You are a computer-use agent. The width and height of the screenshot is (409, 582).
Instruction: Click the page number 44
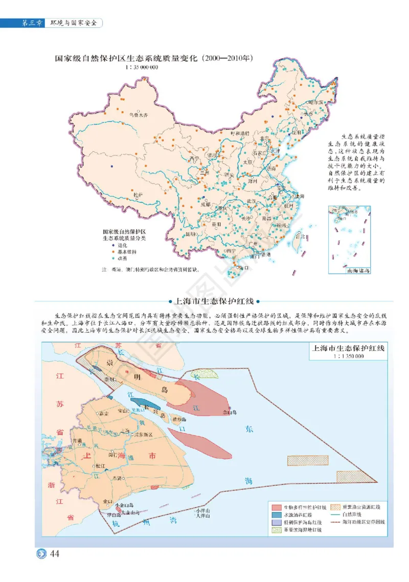coord(55,554)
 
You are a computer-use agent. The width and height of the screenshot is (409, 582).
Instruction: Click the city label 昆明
coord(190,234)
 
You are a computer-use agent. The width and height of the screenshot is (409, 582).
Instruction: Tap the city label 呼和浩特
coord(240,133)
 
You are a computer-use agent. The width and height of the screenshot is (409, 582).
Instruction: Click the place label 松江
coord(100,465)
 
